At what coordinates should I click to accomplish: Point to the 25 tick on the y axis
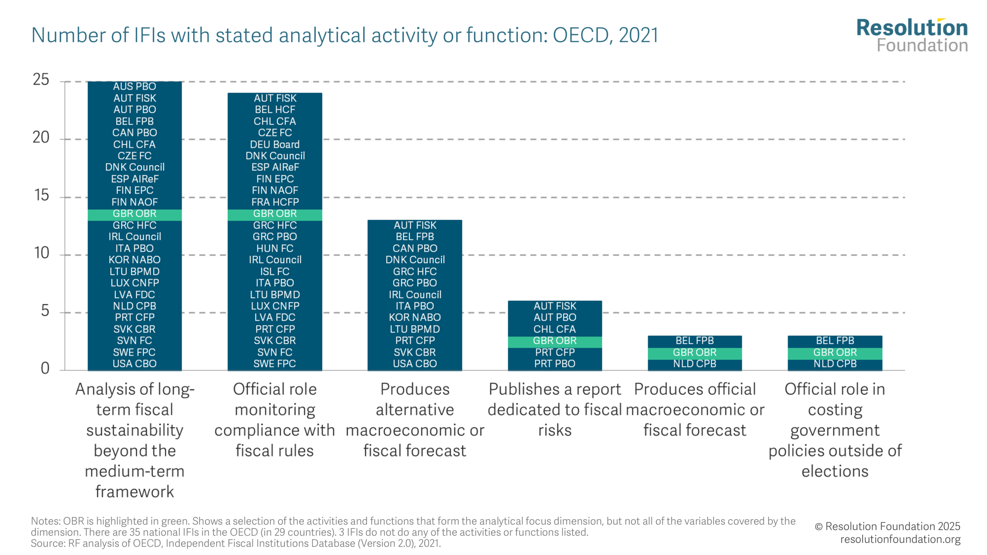(x=41, y=80)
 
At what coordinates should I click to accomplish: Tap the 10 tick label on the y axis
(x=42, y=253)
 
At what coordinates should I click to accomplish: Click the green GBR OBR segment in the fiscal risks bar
(x=554, y=341)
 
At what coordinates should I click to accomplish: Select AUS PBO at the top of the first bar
(x=135, y=86)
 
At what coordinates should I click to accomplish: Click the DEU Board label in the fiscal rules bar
(x=275, y=145)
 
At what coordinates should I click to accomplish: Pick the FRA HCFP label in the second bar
(x=275, y=202)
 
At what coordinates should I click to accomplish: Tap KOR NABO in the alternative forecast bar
(x=414, y=318)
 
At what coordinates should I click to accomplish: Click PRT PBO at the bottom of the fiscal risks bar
(x=554, y=364)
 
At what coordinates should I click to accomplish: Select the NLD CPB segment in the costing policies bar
(x=835, y=364)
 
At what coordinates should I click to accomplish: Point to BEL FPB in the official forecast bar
(x=694, y=341)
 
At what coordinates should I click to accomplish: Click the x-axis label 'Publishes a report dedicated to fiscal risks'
(x=554, y=410)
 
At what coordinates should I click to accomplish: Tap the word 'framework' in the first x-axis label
(x=135, y=492)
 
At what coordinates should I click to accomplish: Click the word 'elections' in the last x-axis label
(x=835, y=471)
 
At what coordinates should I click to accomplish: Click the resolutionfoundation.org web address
(x=900, y=540)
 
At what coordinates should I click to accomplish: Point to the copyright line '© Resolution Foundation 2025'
(x=887, y=526)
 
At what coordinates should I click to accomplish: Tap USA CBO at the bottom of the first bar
(x=135, y=364)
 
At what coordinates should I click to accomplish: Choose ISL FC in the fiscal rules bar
(x=275, y=272)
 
